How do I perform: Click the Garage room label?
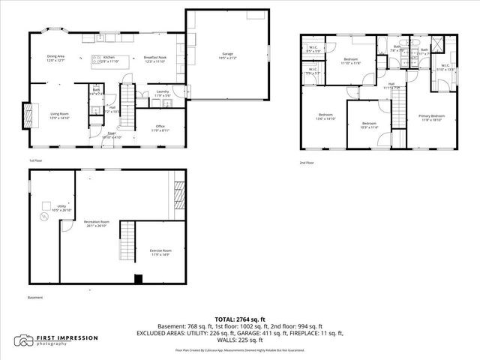(227, 55)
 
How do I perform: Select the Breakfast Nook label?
(154, 59)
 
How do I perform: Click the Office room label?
(160, 127)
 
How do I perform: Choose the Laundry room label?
(163, 94)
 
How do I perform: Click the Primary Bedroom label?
(431, 118)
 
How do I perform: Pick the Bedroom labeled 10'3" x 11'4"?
(369, 125)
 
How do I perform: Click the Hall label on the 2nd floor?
(391, 86)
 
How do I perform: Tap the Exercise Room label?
(160, 252)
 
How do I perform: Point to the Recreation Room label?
(96, 223)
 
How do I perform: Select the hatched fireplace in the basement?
(178, 196)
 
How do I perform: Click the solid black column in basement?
(137, 280)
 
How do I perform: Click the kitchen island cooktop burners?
(97, 58)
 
